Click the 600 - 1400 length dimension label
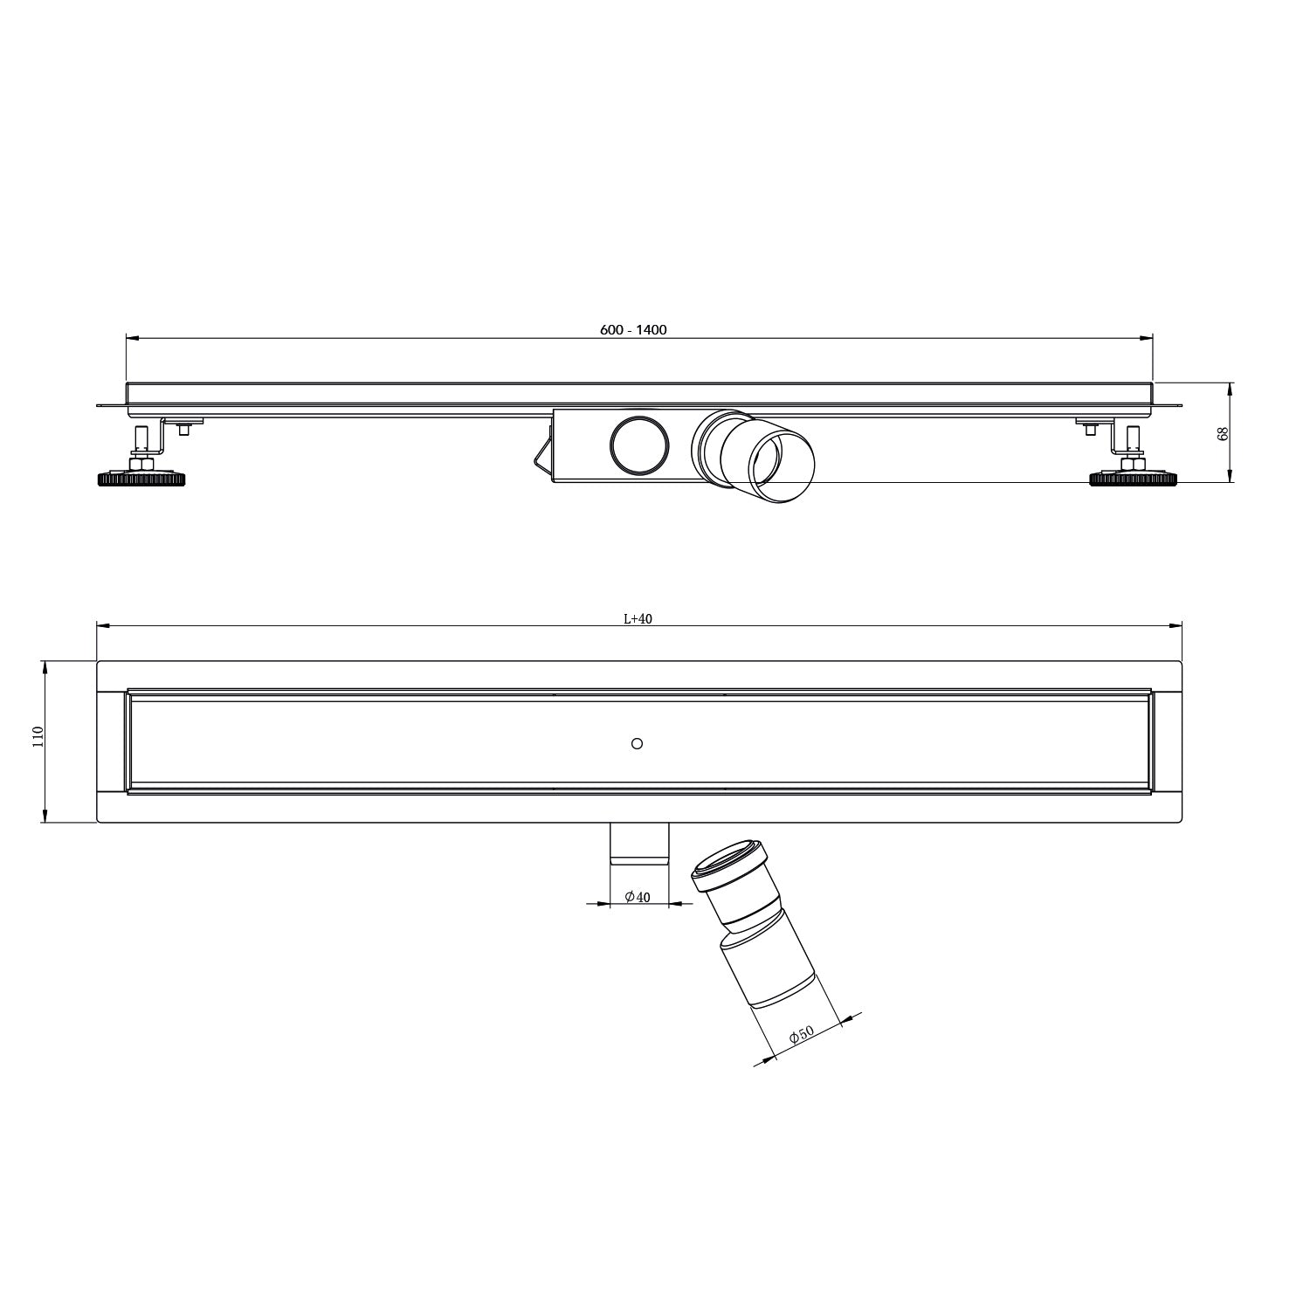coord(633,329)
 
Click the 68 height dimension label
coord(1224,433)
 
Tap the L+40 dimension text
coord(638,618)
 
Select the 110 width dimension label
coord(37,738)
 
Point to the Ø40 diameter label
coord(638,897)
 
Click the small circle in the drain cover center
coord(637,743)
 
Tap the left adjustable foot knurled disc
coord(141,479)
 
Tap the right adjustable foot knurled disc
coord(1133,479)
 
